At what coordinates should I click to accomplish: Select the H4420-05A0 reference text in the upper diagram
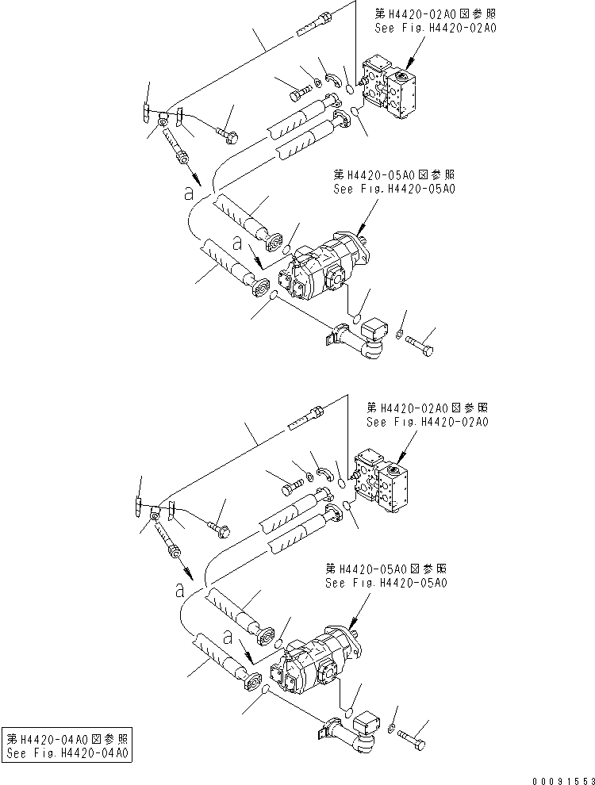[x=394, y=182]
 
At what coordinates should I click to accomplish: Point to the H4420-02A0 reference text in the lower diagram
[x=427, y=415]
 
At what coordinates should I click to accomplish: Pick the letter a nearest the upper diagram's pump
[x=237, y=240]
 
